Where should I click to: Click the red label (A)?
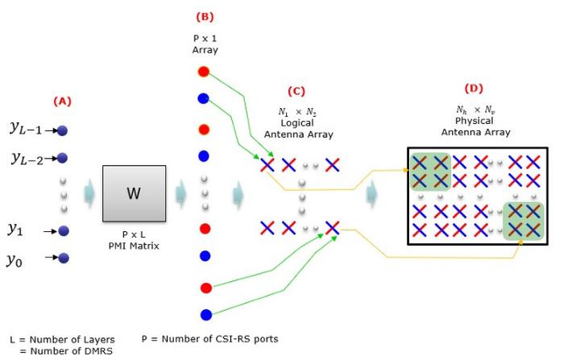coord(62,101)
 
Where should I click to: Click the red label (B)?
coord(205,16)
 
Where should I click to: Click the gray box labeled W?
coord(134,194)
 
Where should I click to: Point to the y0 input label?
coord(14,259)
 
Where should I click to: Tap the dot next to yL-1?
coord(63,130)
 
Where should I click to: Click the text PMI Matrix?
coord(135,243)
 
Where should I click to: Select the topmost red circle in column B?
coord(204,72)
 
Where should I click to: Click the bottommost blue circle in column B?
coord(205,315)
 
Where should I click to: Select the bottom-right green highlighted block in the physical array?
coord(524,221)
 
